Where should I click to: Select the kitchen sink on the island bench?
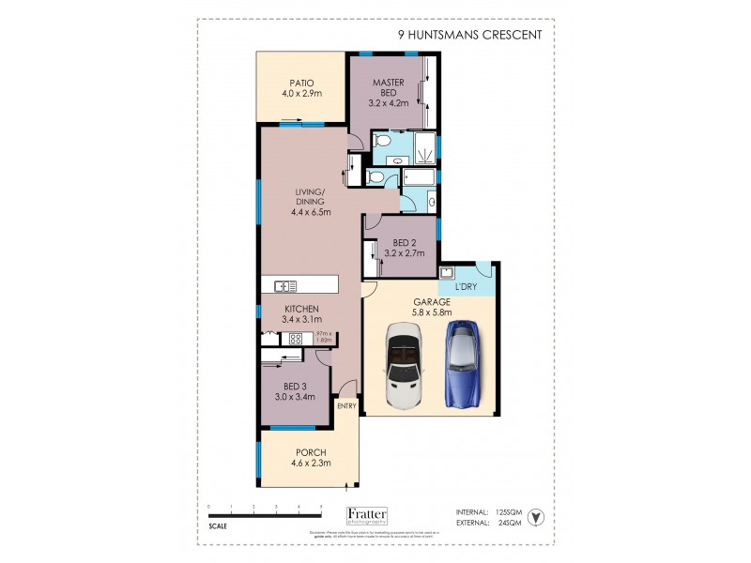(285, 286)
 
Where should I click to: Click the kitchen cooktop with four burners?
(295, 339)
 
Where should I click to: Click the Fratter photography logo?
(374, 515)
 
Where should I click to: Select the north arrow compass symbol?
(535, 517)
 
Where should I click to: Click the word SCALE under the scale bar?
(218, 525)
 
